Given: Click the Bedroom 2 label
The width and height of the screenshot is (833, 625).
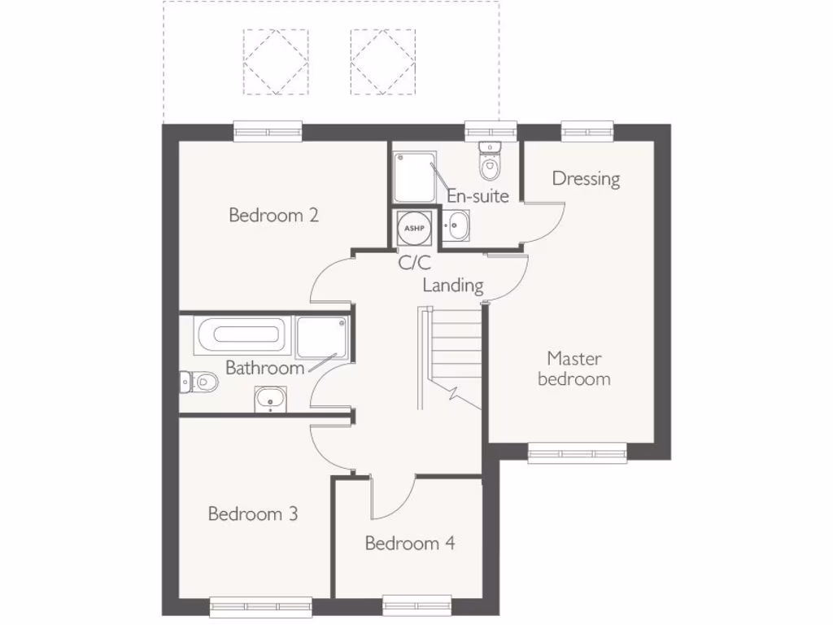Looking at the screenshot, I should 273,216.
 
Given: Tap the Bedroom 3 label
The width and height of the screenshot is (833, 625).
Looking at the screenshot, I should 252,514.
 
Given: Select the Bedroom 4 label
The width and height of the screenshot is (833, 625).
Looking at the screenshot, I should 409,544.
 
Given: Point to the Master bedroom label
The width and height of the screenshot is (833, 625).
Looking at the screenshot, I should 574,369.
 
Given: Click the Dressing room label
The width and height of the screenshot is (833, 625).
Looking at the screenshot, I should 586,178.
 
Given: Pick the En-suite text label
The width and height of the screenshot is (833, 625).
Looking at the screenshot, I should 478,196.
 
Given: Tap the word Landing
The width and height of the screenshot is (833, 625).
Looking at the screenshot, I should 453,286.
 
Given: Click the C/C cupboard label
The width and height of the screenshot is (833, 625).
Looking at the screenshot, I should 414,263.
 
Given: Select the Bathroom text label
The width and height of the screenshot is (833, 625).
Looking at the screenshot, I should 264,368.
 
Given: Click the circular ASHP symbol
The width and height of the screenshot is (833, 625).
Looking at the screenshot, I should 415,228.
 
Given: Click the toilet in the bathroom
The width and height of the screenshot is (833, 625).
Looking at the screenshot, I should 199,381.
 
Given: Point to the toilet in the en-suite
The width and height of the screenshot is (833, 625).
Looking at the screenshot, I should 490,164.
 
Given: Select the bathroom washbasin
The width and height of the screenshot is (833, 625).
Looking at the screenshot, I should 268,399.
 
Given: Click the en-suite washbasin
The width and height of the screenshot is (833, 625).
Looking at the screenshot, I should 457,225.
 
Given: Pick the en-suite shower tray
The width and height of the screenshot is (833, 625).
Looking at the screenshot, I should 415,175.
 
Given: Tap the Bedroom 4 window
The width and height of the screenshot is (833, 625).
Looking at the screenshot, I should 417,604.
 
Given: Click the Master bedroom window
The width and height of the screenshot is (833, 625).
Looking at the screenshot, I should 577,453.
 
